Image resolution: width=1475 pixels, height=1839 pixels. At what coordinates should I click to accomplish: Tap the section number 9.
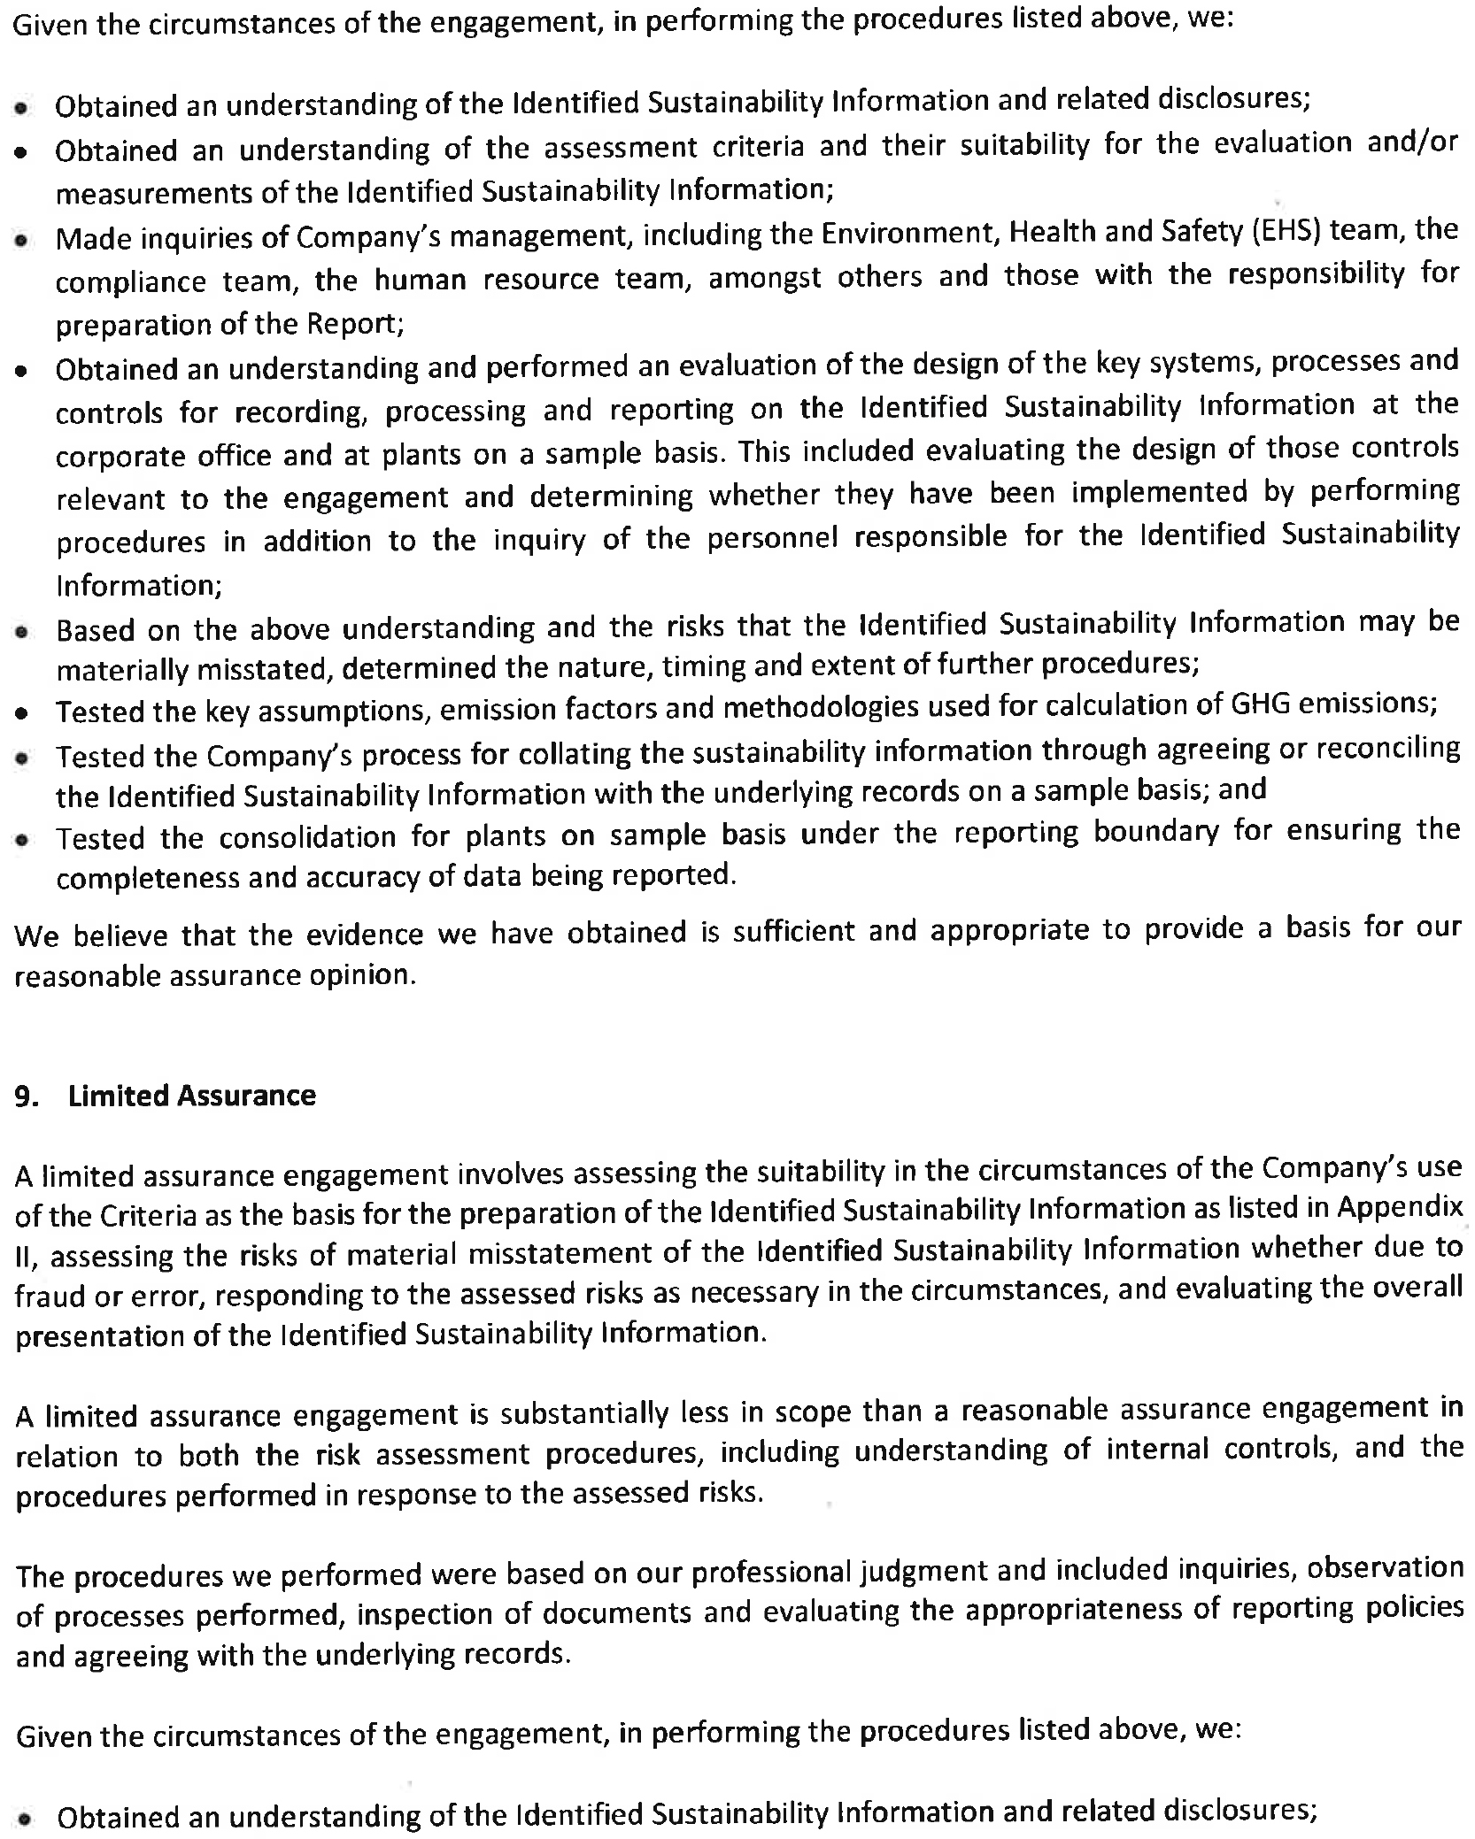click(x=27, y=1096)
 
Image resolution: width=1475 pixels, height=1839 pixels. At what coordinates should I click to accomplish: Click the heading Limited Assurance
click(x=192, y=1096)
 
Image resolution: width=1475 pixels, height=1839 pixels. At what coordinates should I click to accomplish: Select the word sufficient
click(x=789, y=932)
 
